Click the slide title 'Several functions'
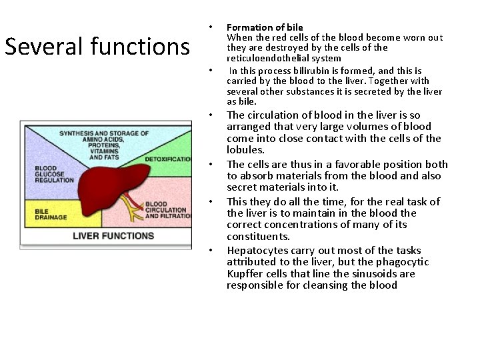[x=97, y=47]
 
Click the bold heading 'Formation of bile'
[x=265, y=27]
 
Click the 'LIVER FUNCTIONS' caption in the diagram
[x=113, y=235]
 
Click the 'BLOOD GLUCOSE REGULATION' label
[x=55, y=175]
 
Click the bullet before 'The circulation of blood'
[x=210, y=115]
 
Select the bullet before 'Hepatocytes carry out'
[x=210, y=251]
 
